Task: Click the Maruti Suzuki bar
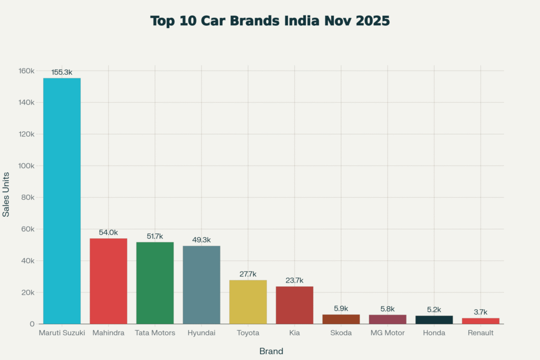pyautogui.click(x=62, y=201)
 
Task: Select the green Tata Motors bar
pyautogui.click(x=155, y=283)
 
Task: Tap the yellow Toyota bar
pyautogui.click(x=248, y=301)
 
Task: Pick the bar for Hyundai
pyautogui.click(x=201, y=285)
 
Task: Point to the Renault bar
pyautogui.click(x=480, y=320)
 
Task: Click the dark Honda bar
pyautogui.click(x=434, y=319)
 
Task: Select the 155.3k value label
pyautogui.click(x=62, y=72)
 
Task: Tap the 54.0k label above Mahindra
pyautogui.click(x=108, y=232)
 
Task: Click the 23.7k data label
pyautogui.click(x=294, y=280)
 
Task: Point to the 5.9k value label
pyautogui.click(x=341, y=308)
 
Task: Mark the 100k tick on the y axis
pyautogui.click(x=25, y=166)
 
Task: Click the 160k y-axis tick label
pyautogui.click(x=25, y=71)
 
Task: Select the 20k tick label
pyautogui.click(x=27, y=293)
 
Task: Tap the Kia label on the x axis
pyautogui.click(x=294, y=333)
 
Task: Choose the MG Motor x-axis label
pyautogui.click(x=388, y=333)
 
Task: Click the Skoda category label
pyautogui.click(x=341, y=333)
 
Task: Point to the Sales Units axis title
pyautogui.click(x=6, y=194)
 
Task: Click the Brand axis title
pyautogui.click(x=271, y=351)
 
